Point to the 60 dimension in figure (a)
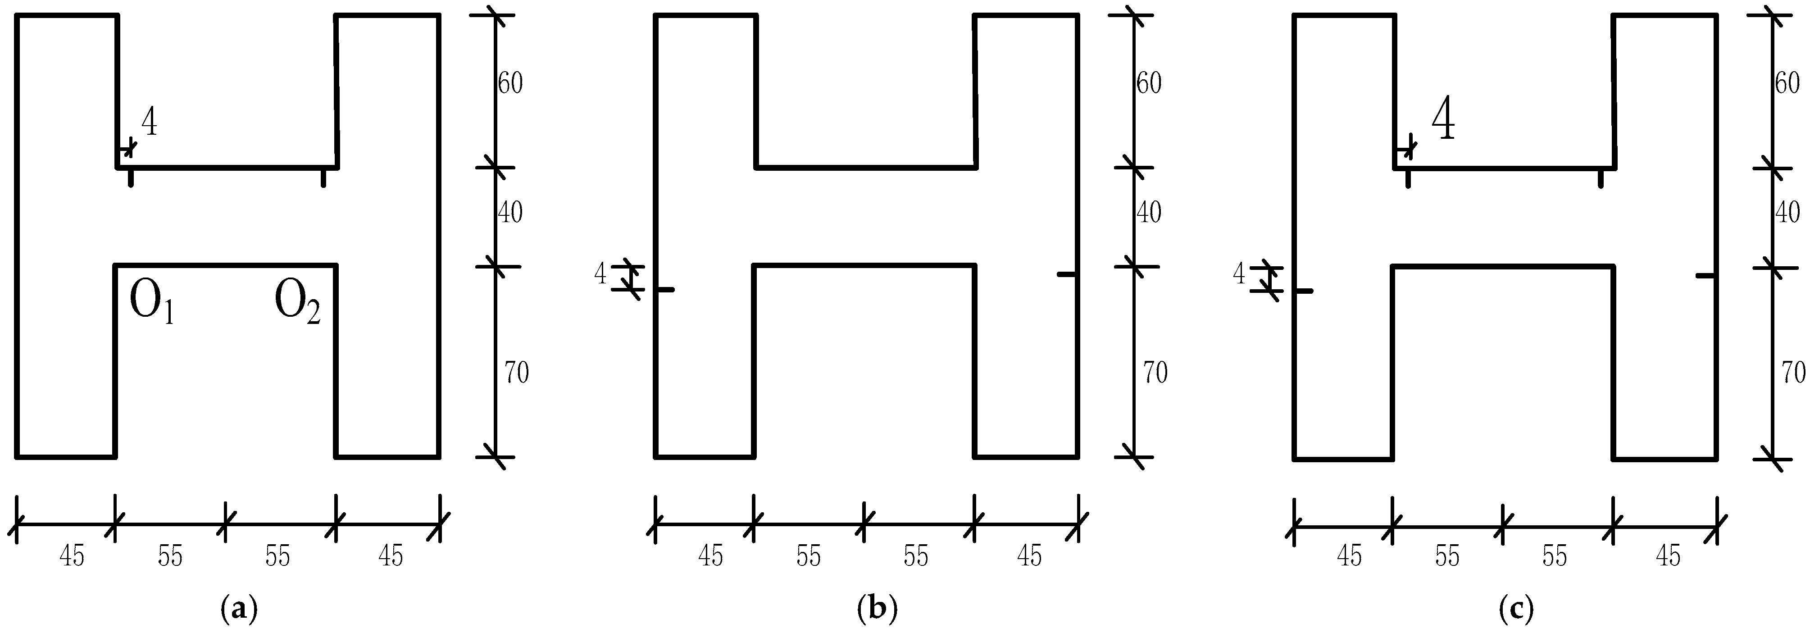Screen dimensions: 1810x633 pos(510,84)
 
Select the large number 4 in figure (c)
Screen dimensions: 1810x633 pos(1443,120)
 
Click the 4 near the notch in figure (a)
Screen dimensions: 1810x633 pos(149,123)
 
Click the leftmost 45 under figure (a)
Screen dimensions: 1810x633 pos(72,556)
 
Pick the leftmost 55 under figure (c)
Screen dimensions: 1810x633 pos(1447,556)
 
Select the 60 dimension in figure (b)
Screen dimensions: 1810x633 pos(1149,84)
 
